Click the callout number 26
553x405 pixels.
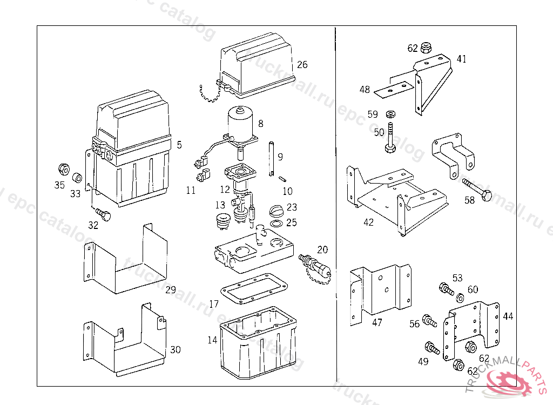[x=302, y=65]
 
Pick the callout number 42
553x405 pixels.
[x=368, y=222]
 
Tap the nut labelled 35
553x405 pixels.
[x=63, y=168]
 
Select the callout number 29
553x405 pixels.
[x=171, y=290]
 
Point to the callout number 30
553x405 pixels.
[x=175, y=350]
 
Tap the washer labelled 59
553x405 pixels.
[x=390, y=114]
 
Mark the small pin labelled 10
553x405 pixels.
[x=281, y=179]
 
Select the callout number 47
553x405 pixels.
[x=377, y=322]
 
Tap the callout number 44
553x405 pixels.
[x=508, y=316]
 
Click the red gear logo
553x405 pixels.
[x=510, y=385]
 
